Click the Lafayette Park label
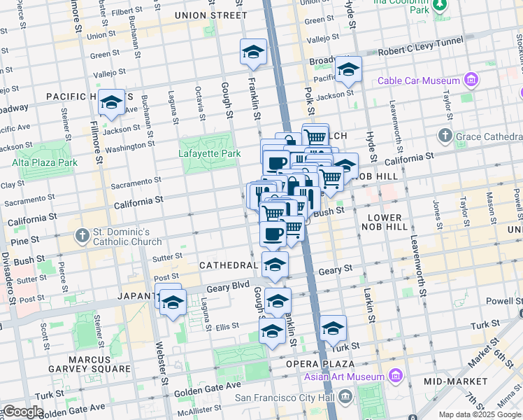coord(209,153)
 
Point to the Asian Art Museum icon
coord(396,377)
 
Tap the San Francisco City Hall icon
coord(345,398)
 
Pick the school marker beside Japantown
coord(173,303)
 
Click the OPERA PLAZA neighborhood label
coord(321,364)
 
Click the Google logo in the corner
coord(23,412)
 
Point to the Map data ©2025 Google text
coord(480,414)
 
